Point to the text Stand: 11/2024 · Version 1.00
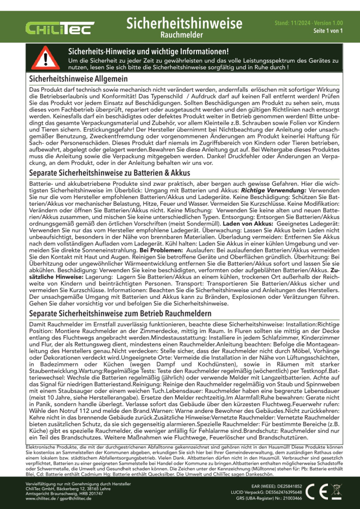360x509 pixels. coord(309,23)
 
